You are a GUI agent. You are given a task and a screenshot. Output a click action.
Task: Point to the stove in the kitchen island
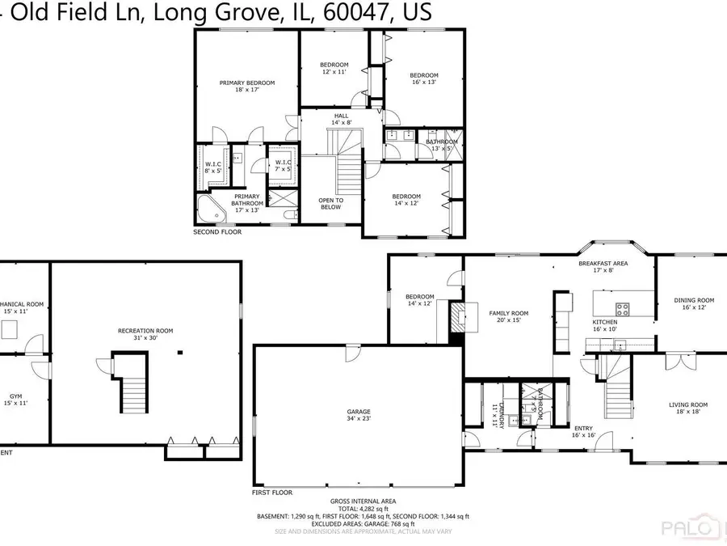(624, 307)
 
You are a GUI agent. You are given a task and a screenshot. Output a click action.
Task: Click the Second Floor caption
(216, 232)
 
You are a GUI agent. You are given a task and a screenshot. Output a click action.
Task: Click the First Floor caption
(271, 492)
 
